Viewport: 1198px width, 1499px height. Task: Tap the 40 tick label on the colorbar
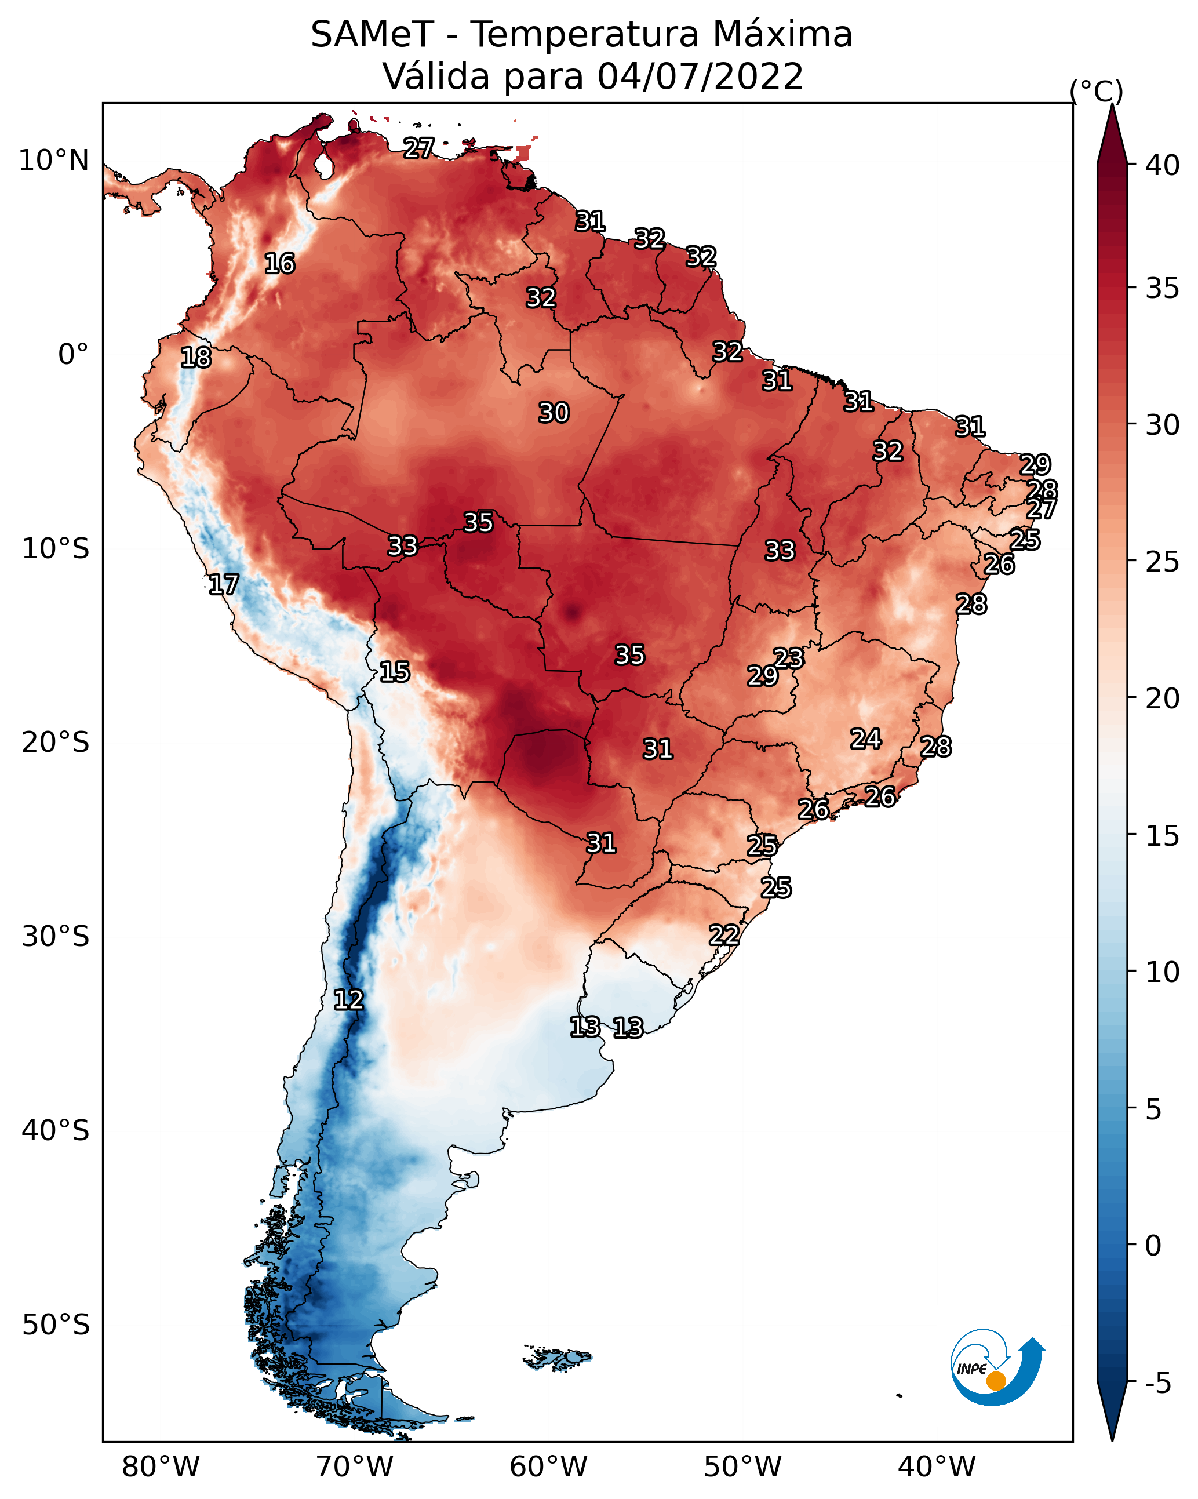click(1163, 165)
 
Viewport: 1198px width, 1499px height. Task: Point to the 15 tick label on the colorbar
click(1163, 836)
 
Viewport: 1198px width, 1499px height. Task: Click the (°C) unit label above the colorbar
click(1097, 91)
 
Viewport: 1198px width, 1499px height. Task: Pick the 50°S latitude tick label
click(56, 1325)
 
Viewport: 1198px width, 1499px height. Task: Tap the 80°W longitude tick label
click(161, 1467)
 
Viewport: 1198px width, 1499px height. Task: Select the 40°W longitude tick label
click(937, 1467)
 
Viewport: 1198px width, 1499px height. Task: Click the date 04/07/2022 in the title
click(700, 76)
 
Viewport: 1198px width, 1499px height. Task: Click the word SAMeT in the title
click(372, 34)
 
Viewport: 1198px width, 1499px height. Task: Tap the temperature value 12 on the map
click(348, 1000)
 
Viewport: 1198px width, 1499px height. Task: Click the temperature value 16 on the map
click(279, 264)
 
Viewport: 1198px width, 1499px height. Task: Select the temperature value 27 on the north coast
click(419, 147)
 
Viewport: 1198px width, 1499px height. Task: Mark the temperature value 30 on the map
click(554, 413)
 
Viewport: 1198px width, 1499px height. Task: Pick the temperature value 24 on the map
click(866, 738)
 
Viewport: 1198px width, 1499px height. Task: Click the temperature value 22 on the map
click(724, 934)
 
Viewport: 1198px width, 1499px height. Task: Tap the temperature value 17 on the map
click(224, 585)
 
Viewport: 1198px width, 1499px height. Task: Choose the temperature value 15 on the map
click(394, 672)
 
